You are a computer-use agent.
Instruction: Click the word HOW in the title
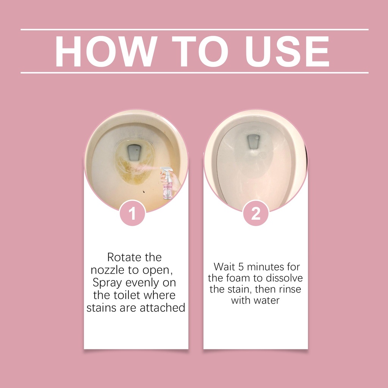pos(106,51)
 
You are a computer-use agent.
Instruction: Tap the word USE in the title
pos(287,51)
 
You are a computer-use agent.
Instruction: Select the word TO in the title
pos(200,51)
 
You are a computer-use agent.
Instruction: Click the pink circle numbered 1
pos(132,213)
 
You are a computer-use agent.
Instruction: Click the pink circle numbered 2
pos(256,213)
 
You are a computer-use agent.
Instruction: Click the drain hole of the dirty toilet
pos(134,152)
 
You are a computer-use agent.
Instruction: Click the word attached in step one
pos(162,308)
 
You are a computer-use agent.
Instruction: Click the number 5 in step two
pos(241,267)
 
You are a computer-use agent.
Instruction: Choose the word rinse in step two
pos(290,289)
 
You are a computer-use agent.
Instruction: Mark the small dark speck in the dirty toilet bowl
pos(143,191)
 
